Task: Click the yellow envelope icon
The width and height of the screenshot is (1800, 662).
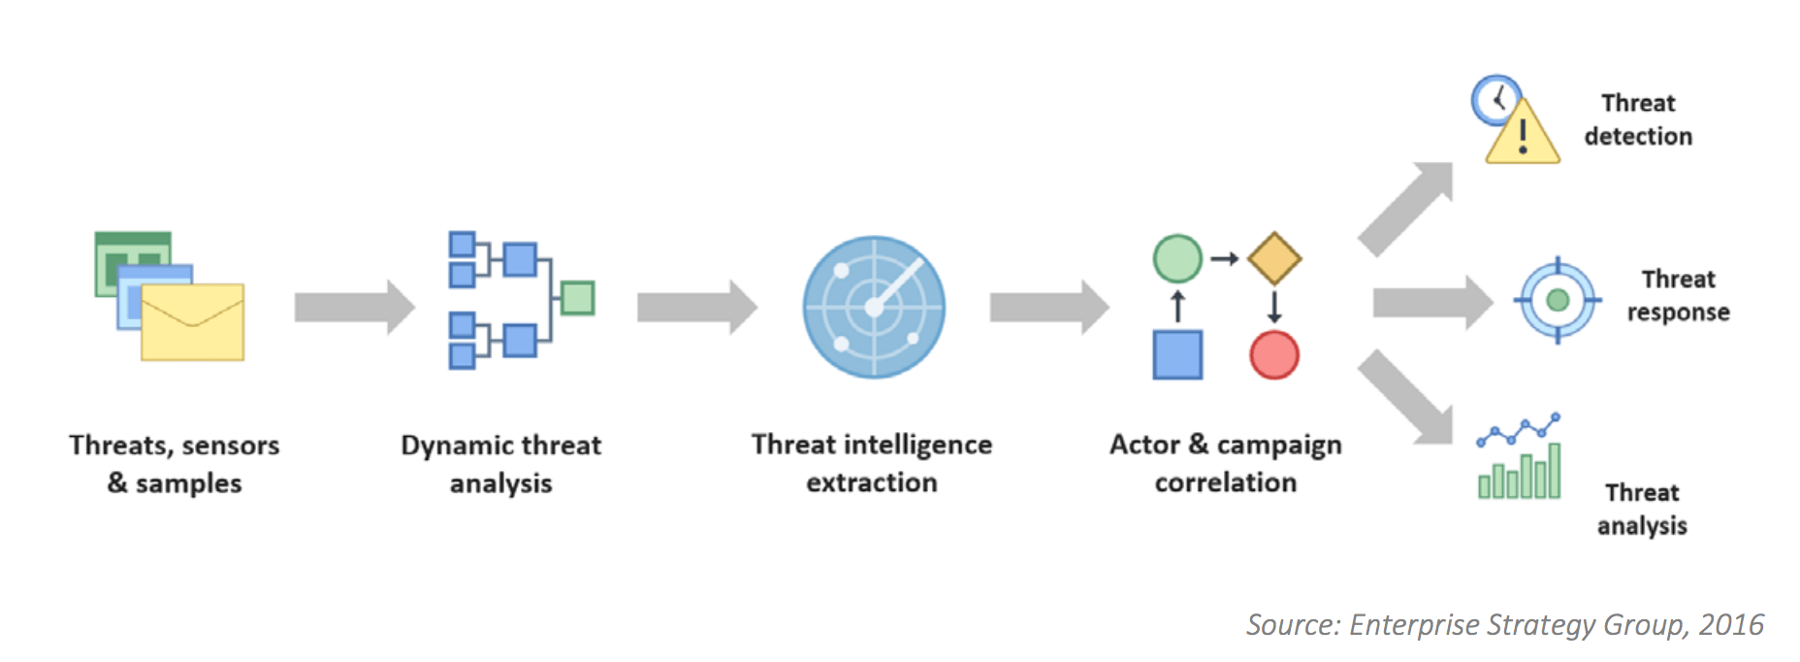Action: (x=192, y=322)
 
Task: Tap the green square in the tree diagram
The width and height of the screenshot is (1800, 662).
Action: (x=578, y=298)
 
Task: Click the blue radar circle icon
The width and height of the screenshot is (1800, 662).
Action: (x=874, y=307)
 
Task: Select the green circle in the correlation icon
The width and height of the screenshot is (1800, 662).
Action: (x=1177, y=258)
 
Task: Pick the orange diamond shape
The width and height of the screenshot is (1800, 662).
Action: (x=1274, y=258)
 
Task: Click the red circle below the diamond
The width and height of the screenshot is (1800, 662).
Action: (x=1274, y=354)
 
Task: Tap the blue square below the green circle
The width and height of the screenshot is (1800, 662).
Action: (x=1177, y=354)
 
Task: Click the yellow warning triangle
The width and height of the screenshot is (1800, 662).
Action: (x=1523, y=132)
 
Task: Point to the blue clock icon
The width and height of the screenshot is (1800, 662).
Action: (x=1495, y=100)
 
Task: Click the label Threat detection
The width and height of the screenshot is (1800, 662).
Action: (x=1638, y=119)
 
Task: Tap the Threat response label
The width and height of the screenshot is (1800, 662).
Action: (x=1678, y=295)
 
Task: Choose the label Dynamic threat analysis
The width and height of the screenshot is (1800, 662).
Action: (x=501, y=463)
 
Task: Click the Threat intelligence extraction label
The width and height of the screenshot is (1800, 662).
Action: (x=872, y=462)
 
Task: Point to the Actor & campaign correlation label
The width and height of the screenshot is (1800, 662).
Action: (x=1226, y=462)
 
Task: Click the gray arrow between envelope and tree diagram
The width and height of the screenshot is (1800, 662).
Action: (x=355, y=307)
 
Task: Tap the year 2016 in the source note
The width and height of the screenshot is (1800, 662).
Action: (x=1731, y=624)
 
